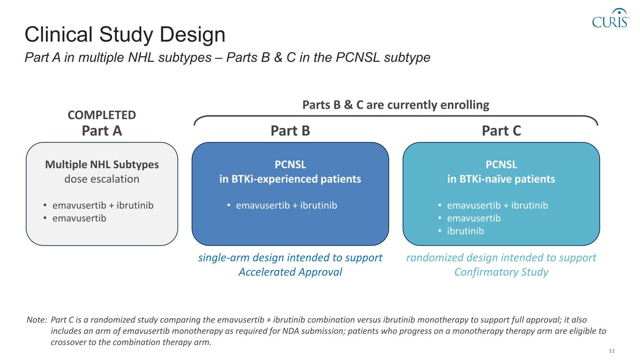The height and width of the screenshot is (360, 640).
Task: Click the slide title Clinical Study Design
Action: click(125, 35)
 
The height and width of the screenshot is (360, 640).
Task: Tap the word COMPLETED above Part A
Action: click(102, 115)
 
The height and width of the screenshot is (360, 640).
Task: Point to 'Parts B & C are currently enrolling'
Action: click(396, 105)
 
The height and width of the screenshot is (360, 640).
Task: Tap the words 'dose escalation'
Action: click(102, 179)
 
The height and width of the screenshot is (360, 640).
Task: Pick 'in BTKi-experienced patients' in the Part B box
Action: click(290, 179)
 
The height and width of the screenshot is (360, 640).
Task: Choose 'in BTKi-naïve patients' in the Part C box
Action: click(501, 179)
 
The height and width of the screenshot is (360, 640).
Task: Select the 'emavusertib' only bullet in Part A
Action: click(79, 218)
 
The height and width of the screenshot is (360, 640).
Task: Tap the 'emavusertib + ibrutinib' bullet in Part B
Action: click(286, 205)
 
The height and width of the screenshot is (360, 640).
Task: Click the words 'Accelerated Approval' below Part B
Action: click(290, 272)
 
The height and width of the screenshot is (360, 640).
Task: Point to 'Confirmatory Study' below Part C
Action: click(501, 272)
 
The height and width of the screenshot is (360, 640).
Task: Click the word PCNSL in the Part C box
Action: click(501, 165)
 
